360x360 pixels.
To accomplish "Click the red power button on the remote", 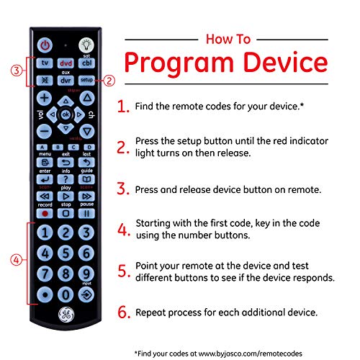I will pyautogui.click(x=45, y=44).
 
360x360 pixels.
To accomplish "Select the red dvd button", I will pyautogui.click(x=66, y=63).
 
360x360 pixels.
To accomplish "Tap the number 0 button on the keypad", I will pyautogui.click(x=66, y=294).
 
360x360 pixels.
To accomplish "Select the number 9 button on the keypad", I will pyautogui.click(x=86, y=274).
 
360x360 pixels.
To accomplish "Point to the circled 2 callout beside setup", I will pyautogui.click(x=109, y=80).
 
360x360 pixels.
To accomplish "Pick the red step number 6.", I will pyautogui.click(x=123, y=313).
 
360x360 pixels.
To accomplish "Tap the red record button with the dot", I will pyautogui.click(x=45, y=214).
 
